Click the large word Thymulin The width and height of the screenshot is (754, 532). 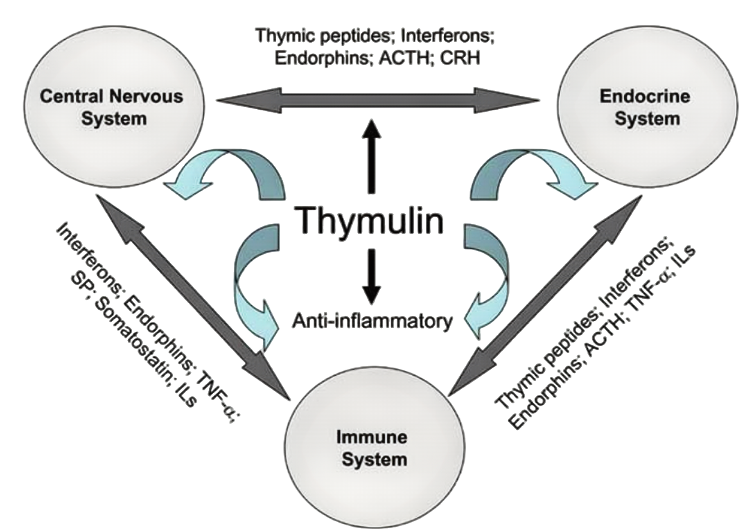tap(370, 221)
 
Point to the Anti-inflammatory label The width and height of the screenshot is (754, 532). tap(372, 322)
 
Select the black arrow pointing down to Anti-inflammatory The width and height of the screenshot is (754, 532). tap(371, 276)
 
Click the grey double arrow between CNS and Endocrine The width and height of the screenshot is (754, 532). tap(377, 100)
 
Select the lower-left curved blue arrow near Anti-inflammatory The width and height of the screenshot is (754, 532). tap(254, 286)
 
